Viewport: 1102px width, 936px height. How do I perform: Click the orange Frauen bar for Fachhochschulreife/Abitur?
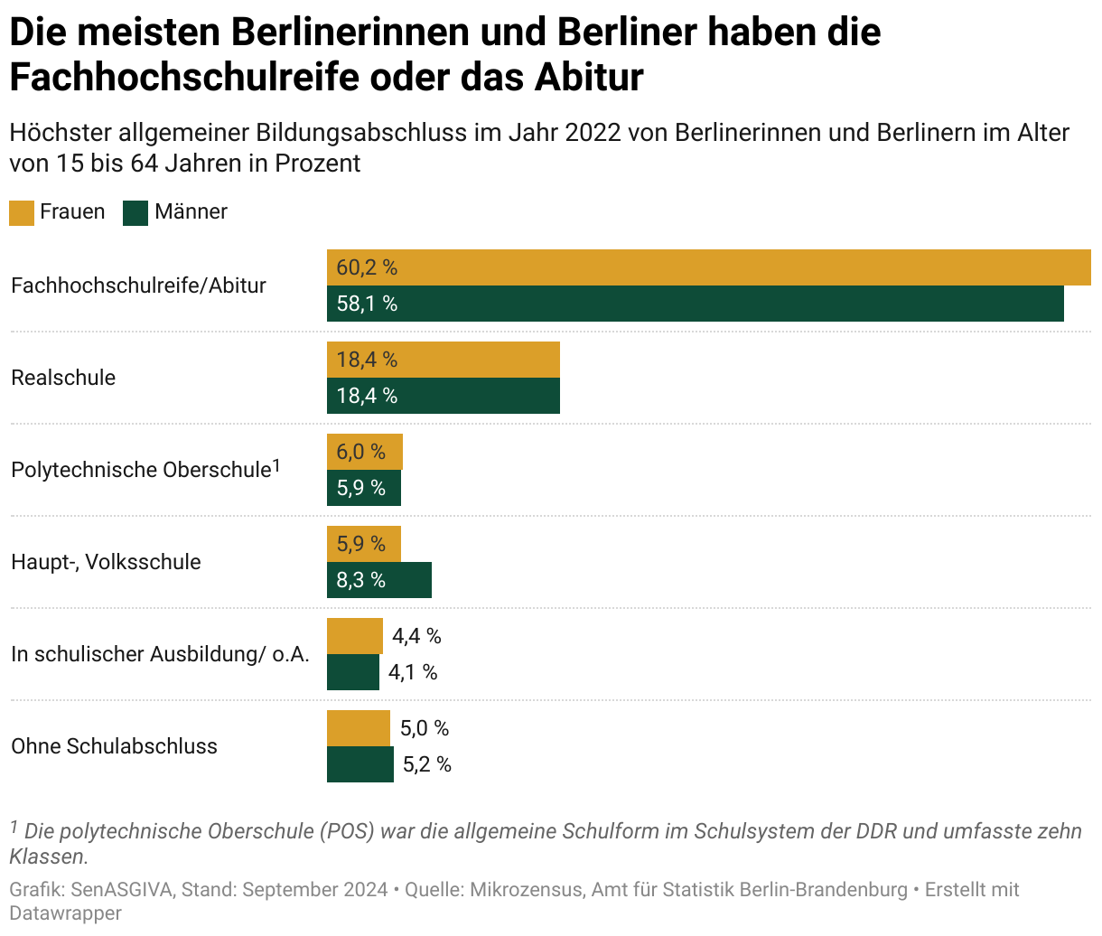pyautogui.click(x=708, y=267)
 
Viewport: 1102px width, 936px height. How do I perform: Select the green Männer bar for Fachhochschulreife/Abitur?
pyautogui.click(x=695, y=304)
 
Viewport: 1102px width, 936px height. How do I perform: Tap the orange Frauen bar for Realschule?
pyautogui.click(x=443, y=360)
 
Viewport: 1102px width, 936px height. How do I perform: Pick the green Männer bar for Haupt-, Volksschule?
pyautogui.click(x=378, y=580)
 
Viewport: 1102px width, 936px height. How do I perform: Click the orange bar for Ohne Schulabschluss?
pyautogui.click(x=358, y=728)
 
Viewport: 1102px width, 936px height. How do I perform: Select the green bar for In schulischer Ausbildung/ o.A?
pyautogui.click(x=352, y=672)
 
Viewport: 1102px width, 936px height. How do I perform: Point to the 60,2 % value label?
pyautogui.click(x=367, y=267)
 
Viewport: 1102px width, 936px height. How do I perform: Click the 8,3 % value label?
pyautogui.click(x=361, y=580)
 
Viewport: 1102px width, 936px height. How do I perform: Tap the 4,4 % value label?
pyautogui.click(x=416, y=636)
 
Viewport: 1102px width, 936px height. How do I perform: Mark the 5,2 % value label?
pyautogui.click(x=426, y=764)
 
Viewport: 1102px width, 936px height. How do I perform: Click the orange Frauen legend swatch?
pyautogui.click(x=22, y=212)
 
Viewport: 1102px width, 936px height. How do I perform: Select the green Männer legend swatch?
pyautogui.click(x=135, y=212)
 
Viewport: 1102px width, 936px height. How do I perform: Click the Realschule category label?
pyautogui.click(x=63, y=378)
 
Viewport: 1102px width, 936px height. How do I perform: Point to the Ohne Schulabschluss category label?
pyautogui.click(x=114, y=746)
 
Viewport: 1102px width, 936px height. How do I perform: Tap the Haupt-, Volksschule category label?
pyautogui.click(x=106, y=562)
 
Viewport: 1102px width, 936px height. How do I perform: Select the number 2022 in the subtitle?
pyautogui.click(x=593, y=133)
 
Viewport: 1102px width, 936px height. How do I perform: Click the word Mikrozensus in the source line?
pyautogui.click(x=524, y=889)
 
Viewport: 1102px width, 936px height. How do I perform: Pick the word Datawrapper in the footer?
pyautogui.click(x=65, y=913)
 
